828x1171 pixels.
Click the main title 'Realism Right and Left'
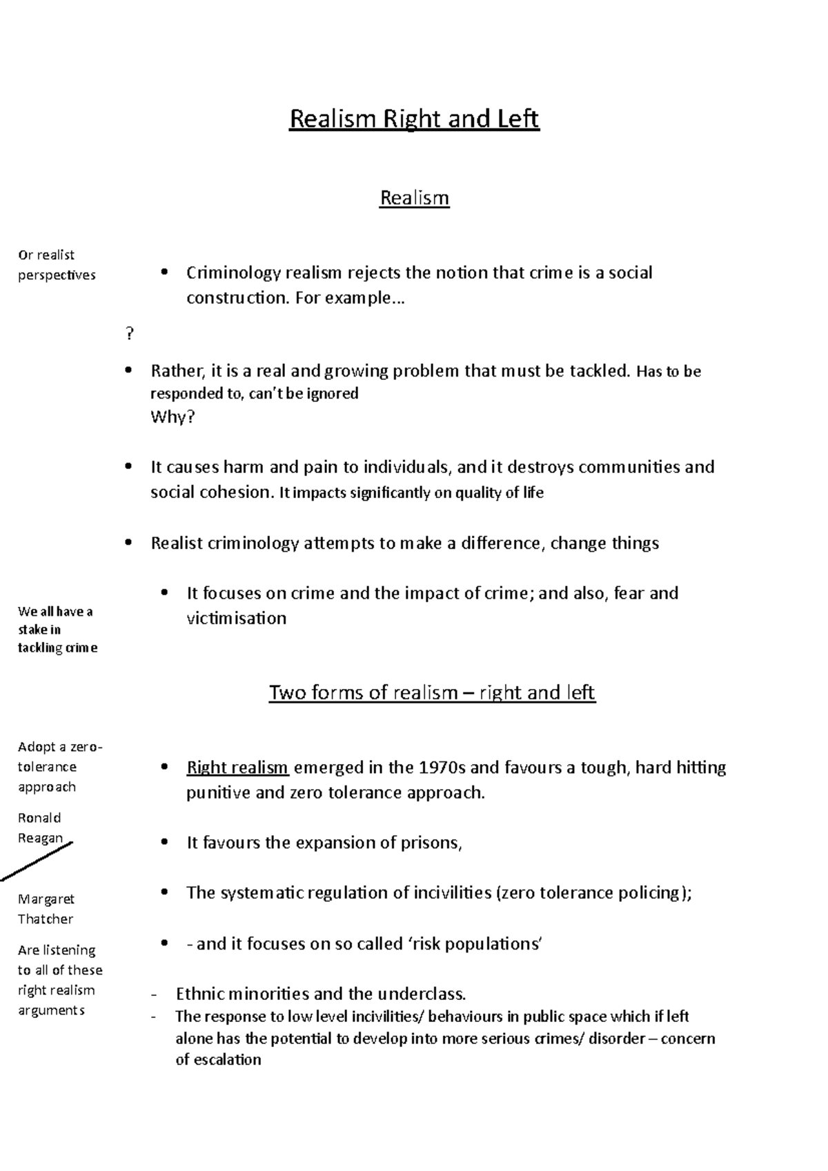tap(414, 119)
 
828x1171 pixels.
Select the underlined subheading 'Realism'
tap(414, 199)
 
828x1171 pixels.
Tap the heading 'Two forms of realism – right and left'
tap(432, 692)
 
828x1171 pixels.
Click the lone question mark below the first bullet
tap(129, 335)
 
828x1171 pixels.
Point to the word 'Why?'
tap(172, 417)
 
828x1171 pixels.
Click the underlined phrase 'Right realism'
tap(237, 768)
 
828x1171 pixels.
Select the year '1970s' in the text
tap(442, 768)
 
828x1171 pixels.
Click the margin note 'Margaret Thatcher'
tap(46, 909)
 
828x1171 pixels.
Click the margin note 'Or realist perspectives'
tap(55, 265)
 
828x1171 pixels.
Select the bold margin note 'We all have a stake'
tap(57, 629)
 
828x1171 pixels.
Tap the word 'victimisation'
tap(236, 618)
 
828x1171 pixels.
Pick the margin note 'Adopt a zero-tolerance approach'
tap(59, 767)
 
